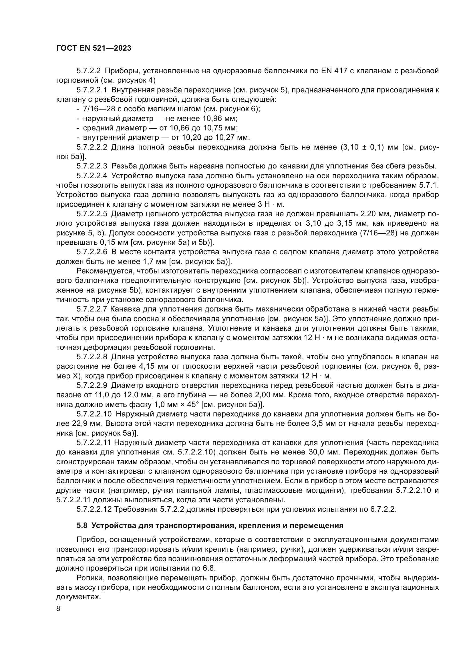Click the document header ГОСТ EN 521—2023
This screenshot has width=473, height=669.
(x=94, y=48)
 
